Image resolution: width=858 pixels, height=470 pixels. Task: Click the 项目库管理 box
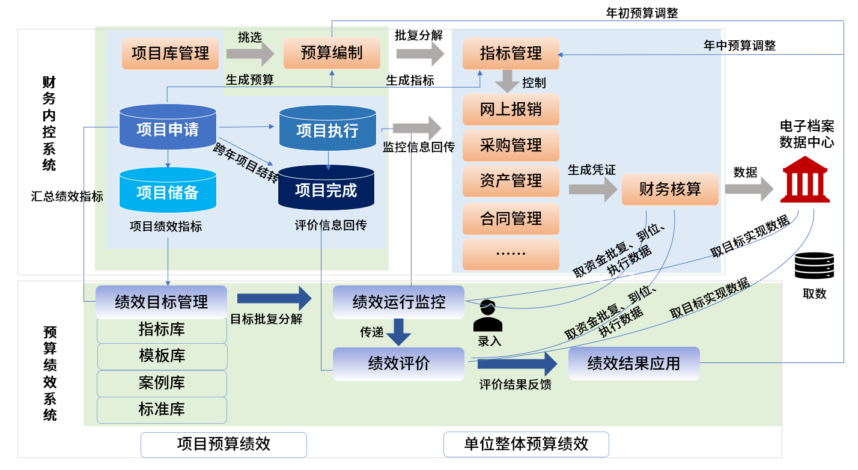pos(170,53)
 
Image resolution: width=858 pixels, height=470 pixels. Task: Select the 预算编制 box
pos(332,53)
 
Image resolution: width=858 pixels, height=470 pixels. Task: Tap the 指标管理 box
pos(511,53)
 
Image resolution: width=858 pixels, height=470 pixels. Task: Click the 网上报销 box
pos(511,109)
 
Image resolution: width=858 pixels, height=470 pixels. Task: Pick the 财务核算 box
pos(670,189)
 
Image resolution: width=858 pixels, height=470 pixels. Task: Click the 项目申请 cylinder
pos(168,127)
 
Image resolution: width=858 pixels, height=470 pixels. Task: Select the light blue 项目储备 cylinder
pos(168,191)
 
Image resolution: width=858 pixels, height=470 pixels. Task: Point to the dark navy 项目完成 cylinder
pos(326,189)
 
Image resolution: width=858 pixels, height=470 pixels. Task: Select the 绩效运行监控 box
pos(399,302)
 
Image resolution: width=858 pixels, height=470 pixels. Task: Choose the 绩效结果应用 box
pos(634,363)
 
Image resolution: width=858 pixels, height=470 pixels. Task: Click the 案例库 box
pos(162,383)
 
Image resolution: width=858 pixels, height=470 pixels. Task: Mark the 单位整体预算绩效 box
pos(526,445)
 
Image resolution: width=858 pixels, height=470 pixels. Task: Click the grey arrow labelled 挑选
pos(250,54)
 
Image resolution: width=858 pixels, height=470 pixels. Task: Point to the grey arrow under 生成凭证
pos(592,189)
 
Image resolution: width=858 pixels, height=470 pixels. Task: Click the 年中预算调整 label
pos(740,45)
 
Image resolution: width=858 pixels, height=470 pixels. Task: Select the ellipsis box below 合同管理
pos(511,254)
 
